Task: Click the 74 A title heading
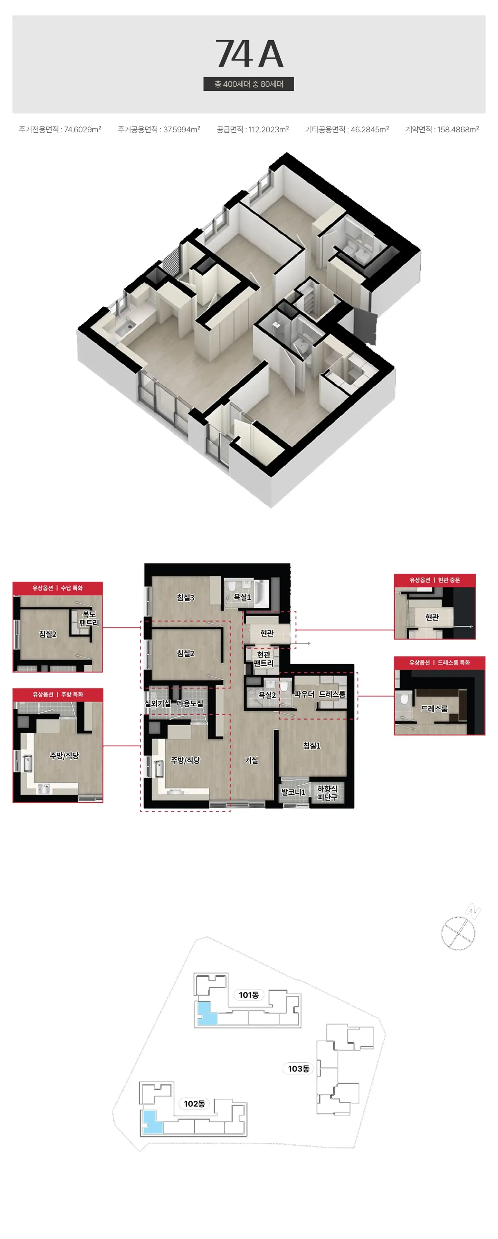(x=249, y=54)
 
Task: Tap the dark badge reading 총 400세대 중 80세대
(x=249, y=84)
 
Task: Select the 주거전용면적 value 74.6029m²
(x=83, y=129)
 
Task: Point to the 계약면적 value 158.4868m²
(x=458, y=129)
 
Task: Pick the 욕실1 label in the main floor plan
(x=242, y=597)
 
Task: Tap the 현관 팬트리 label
(x=264, y=659)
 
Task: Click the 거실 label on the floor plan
(x=251, y=760)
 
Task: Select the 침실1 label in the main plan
(x=312, y=745)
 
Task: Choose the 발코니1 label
(x=294, y=792)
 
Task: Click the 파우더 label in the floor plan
(x=305, y=694)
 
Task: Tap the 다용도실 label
(x=190, y=703)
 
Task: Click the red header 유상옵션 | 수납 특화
(x=58, y=588)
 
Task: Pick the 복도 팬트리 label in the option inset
(x=89, y=619)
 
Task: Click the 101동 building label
(x=249, y=995)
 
